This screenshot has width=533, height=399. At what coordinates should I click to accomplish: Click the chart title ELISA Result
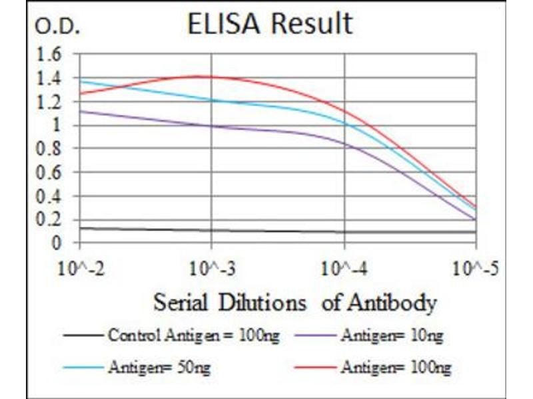click(269, 24)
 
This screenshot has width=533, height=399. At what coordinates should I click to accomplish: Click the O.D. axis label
click(58, 27)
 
